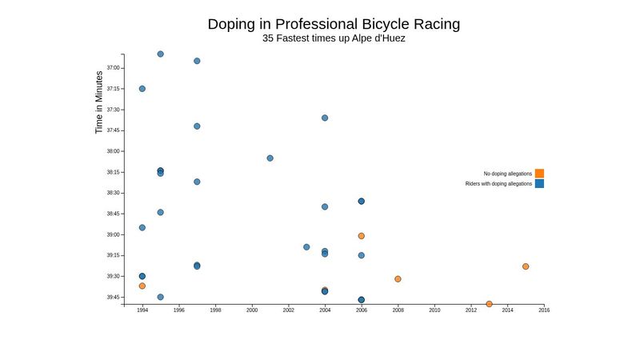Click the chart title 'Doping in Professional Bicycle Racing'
coord(334,24)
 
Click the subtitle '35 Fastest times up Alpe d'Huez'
coord(334,38)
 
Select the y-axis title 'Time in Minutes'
coord(99,102)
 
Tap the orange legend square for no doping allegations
coord(539,174)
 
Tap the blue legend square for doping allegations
coord(539,184)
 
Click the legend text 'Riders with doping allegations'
coord(498,184)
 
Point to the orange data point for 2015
coord(526,266)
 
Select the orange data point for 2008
coord(398,279)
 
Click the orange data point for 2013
coord(489,304)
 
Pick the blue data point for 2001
coord(270,158)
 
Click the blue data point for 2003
coord(306,247)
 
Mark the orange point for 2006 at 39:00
coord(362,236)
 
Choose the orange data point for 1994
coord(142,286)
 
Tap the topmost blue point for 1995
coord(161,54)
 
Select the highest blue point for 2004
coord(325,118)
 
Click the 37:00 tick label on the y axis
coord(113,68)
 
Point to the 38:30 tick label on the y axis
coord(113,193)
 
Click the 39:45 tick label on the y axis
coord(113,298)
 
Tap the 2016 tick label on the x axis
coord(544,310)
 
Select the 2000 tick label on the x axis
coord(252,310)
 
